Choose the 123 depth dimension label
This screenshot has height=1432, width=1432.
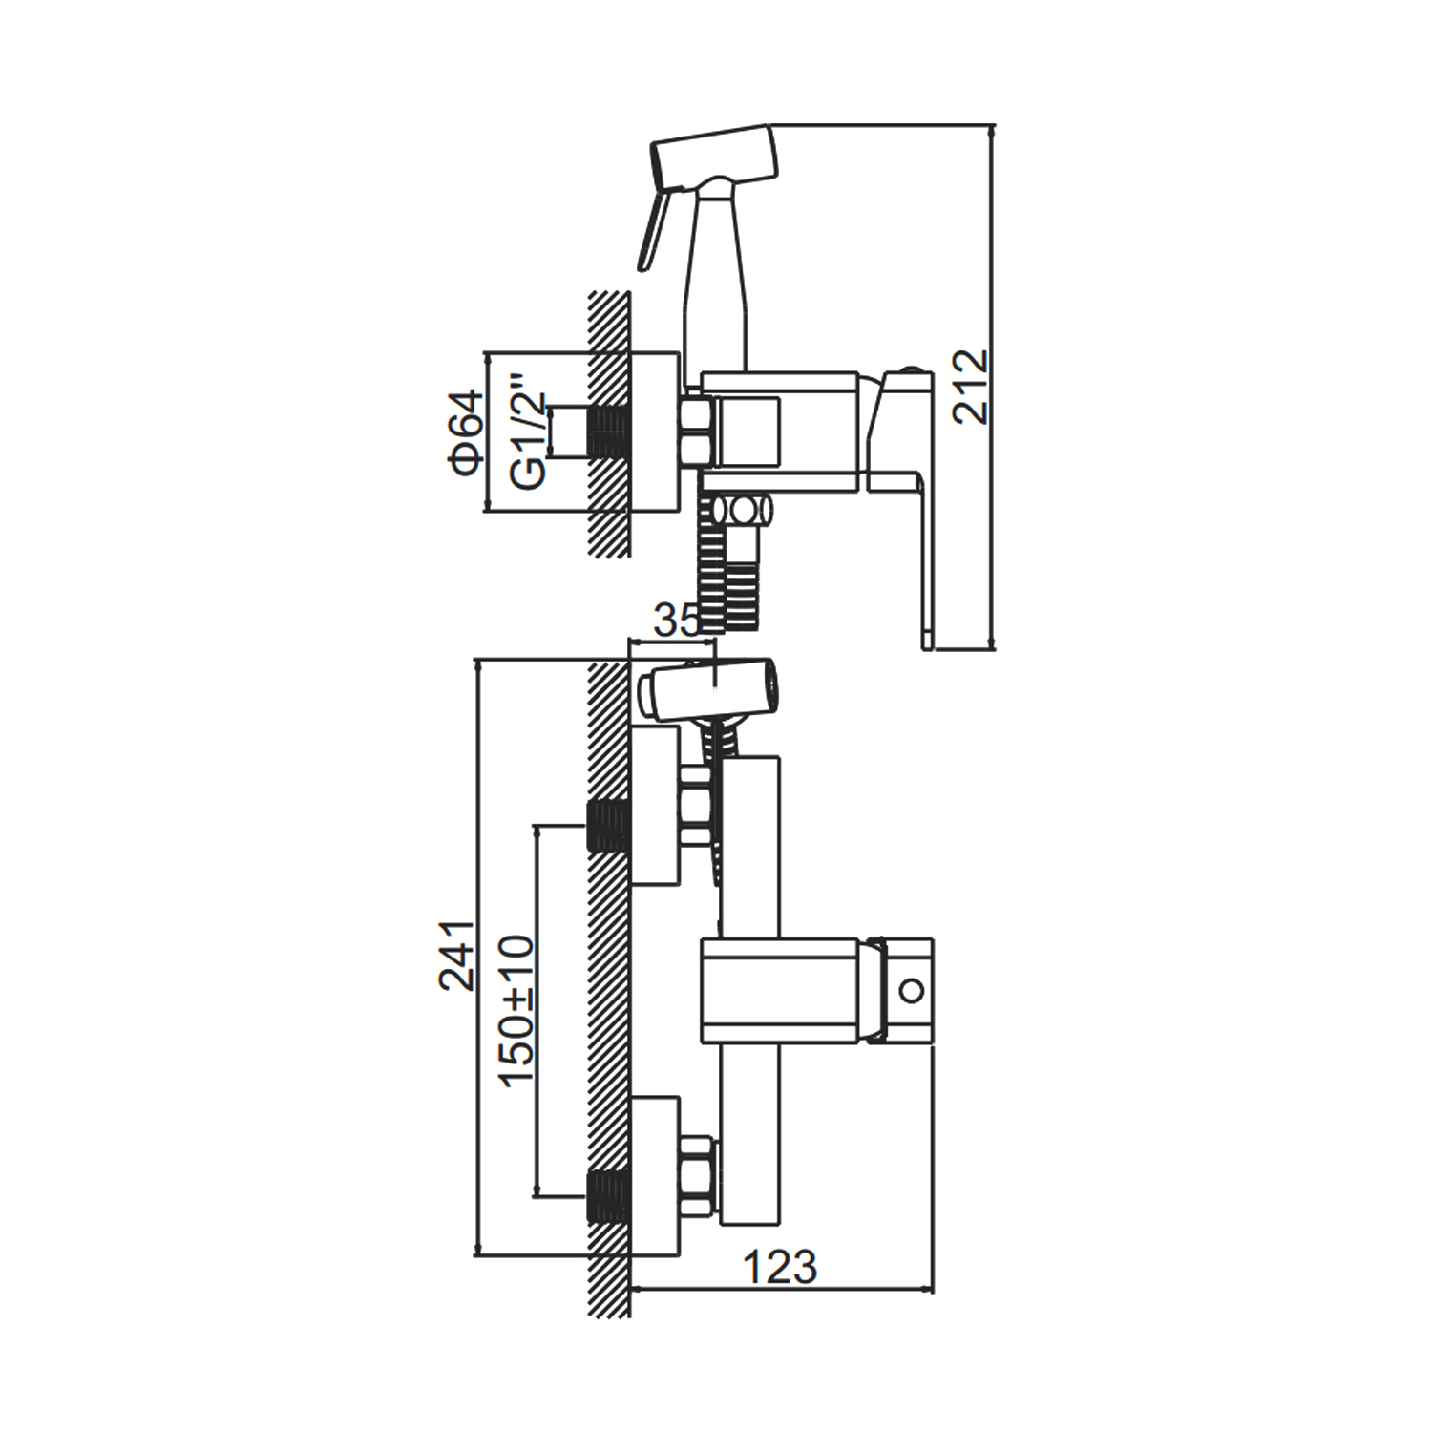[780, 1267]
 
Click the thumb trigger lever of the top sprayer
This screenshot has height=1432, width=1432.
[654, 225]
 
